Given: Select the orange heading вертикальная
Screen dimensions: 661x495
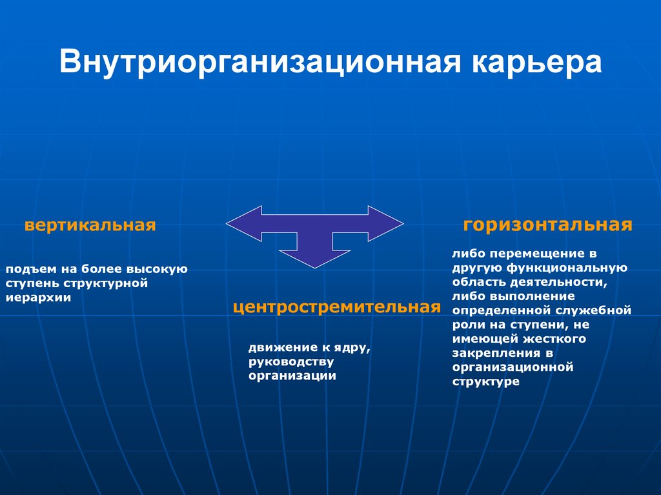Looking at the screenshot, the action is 90,225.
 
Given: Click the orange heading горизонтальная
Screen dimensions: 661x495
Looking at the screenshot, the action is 547,225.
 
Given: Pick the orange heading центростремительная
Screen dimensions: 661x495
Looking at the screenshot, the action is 337,307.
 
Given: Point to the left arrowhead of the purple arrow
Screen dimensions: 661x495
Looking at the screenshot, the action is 244,223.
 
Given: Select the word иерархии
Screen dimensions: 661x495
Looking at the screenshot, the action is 38,298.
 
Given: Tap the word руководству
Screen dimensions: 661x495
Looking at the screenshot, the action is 291,362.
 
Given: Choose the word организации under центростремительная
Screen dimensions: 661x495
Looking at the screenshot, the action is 292,376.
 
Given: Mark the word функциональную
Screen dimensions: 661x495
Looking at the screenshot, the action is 567,268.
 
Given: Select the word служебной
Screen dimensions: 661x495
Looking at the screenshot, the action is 593,310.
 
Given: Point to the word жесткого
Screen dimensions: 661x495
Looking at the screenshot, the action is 554,339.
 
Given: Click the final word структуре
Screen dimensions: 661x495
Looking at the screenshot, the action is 485,381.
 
